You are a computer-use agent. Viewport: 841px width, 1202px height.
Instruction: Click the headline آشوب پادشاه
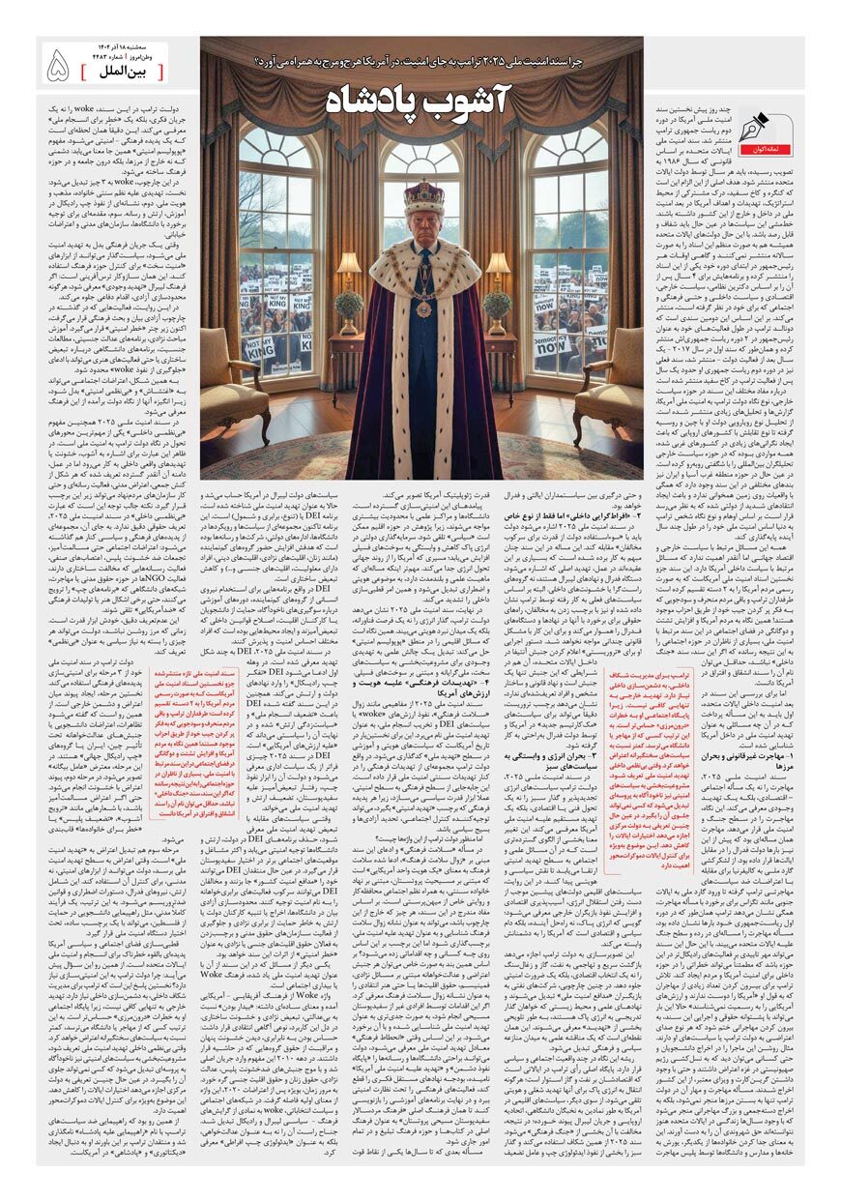coord(421,98)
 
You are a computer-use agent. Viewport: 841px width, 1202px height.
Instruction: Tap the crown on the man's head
coord(423,198)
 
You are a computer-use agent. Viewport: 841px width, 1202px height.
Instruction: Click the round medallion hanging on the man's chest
coord(423,308)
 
